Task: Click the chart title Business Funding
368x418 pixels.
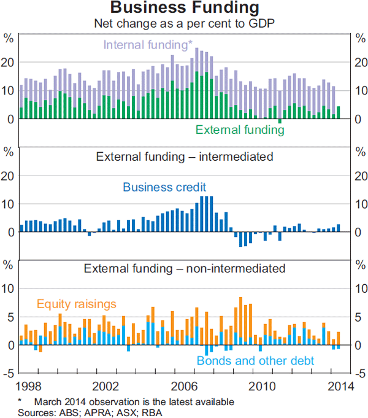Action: [x=184, y=9]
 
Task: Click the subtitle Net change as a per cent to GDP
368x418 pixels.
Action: [x=184, y=25]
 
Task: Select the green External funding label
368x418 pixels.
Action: [x=240, y=130]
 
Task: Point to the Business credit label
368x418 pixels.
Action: [x=164, y=187]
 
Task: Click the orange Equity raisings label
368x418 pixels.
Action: [x=77, y=304]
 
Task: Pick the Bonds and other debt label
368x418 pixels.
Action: [x=255, y=361]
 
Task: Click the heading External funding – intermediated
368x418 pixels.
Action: [x=184, y=157]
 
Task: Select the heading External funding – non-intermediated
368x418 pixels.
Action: [x=184, y=268]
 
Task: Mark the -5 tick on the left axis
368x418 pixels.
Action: [x=9, y=373]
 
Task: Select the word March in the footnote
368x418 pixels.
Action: [x=48, y=401]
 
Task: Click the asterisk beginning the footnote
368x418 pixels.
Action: [x=20, y=401]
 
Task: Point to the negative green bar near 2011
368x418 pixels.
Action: [x=280, y=121]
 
